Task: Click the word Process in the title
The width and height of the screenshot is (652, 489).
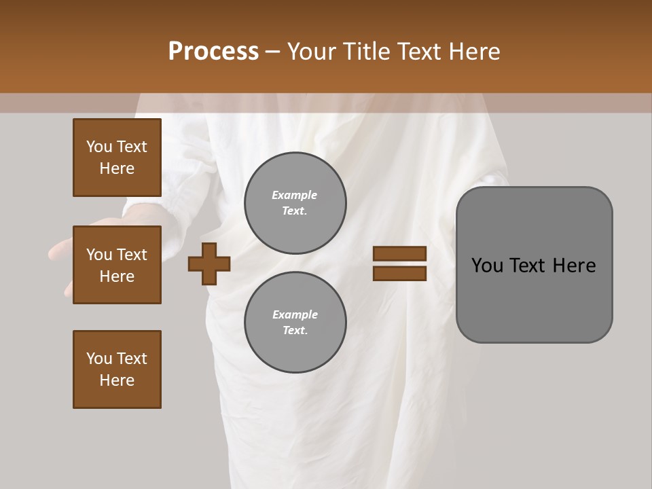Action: pyautogui.click(x=213, y=51)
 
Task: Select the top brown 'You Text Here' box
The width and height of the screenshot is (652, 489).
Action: pyautogui.click(x=117, y=158)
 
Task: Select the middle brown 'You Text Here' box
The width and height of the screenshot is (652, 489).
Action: pyautogui.click(x=117, y=265)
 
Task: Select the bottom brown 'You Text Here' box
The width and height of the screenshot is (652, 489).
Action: pyautogui.click(x=117, y=369)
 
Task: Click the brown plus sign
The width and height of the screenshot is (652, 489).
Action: pyautogui.click(x=209, y=264)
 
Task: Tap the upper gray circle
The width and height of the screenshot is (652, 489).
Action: pyautogui.click(x=295, y=203)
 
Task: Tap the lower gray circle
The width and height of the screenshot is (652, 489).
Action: pyautogui.click(x=295, y=323)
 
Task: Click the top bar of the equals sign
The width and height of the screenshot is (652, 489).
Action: pyautogui.click(x=399, y=254)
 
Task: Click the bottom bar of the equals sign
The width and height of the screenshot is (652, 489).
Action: pyautogui.click(x=399, y=273)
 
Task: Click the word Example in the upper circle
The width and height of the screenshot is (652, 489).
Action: pyautogui.click(x=294, y=195)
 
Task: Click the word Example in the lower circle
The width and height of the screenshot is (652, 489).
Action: pyautogui.click(x=294, y=314)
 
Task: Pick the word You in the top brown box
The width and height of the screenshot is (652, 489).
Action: pyautogui.click(x=99, y=147)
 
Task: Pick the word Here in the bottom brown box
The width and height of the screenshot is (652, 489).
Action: pyautogui.click(x=117, y=380)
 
